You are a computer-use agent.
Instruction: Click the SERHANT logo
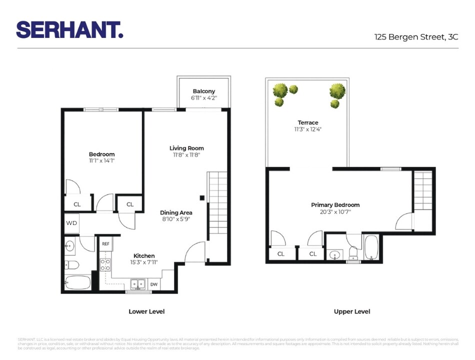[69, 29]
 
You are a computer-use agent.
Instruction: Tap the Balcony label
[204, 91]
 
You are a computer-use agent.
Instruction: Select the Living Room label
[186, 148]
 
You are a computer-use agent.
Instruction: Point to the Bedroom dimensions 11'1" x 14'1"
[102, 161]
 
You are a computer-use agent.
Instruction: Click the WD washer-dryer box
[71, 223]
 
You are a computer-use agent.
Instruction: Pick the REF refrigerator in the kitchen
[105, 244]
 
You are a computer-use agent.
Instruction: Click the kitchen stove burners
[105, 264]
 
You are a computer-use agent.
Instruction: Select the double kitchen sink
[138, 284]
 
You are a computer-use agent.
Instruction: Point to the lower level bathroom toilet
[71, 264]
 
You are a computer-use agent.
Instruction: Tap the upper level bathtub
[371, 247]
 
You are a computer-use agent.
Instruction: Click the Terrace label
[308, 122]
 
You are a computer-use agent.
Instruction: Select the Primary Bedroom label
[335, 205]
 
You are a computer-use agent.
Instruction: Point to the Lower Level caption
[146, 311]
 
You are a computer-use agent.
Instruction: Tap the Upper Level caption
[352, 311]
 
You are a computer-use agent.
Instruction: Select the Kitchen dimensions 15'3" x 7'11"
[143, 262]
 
